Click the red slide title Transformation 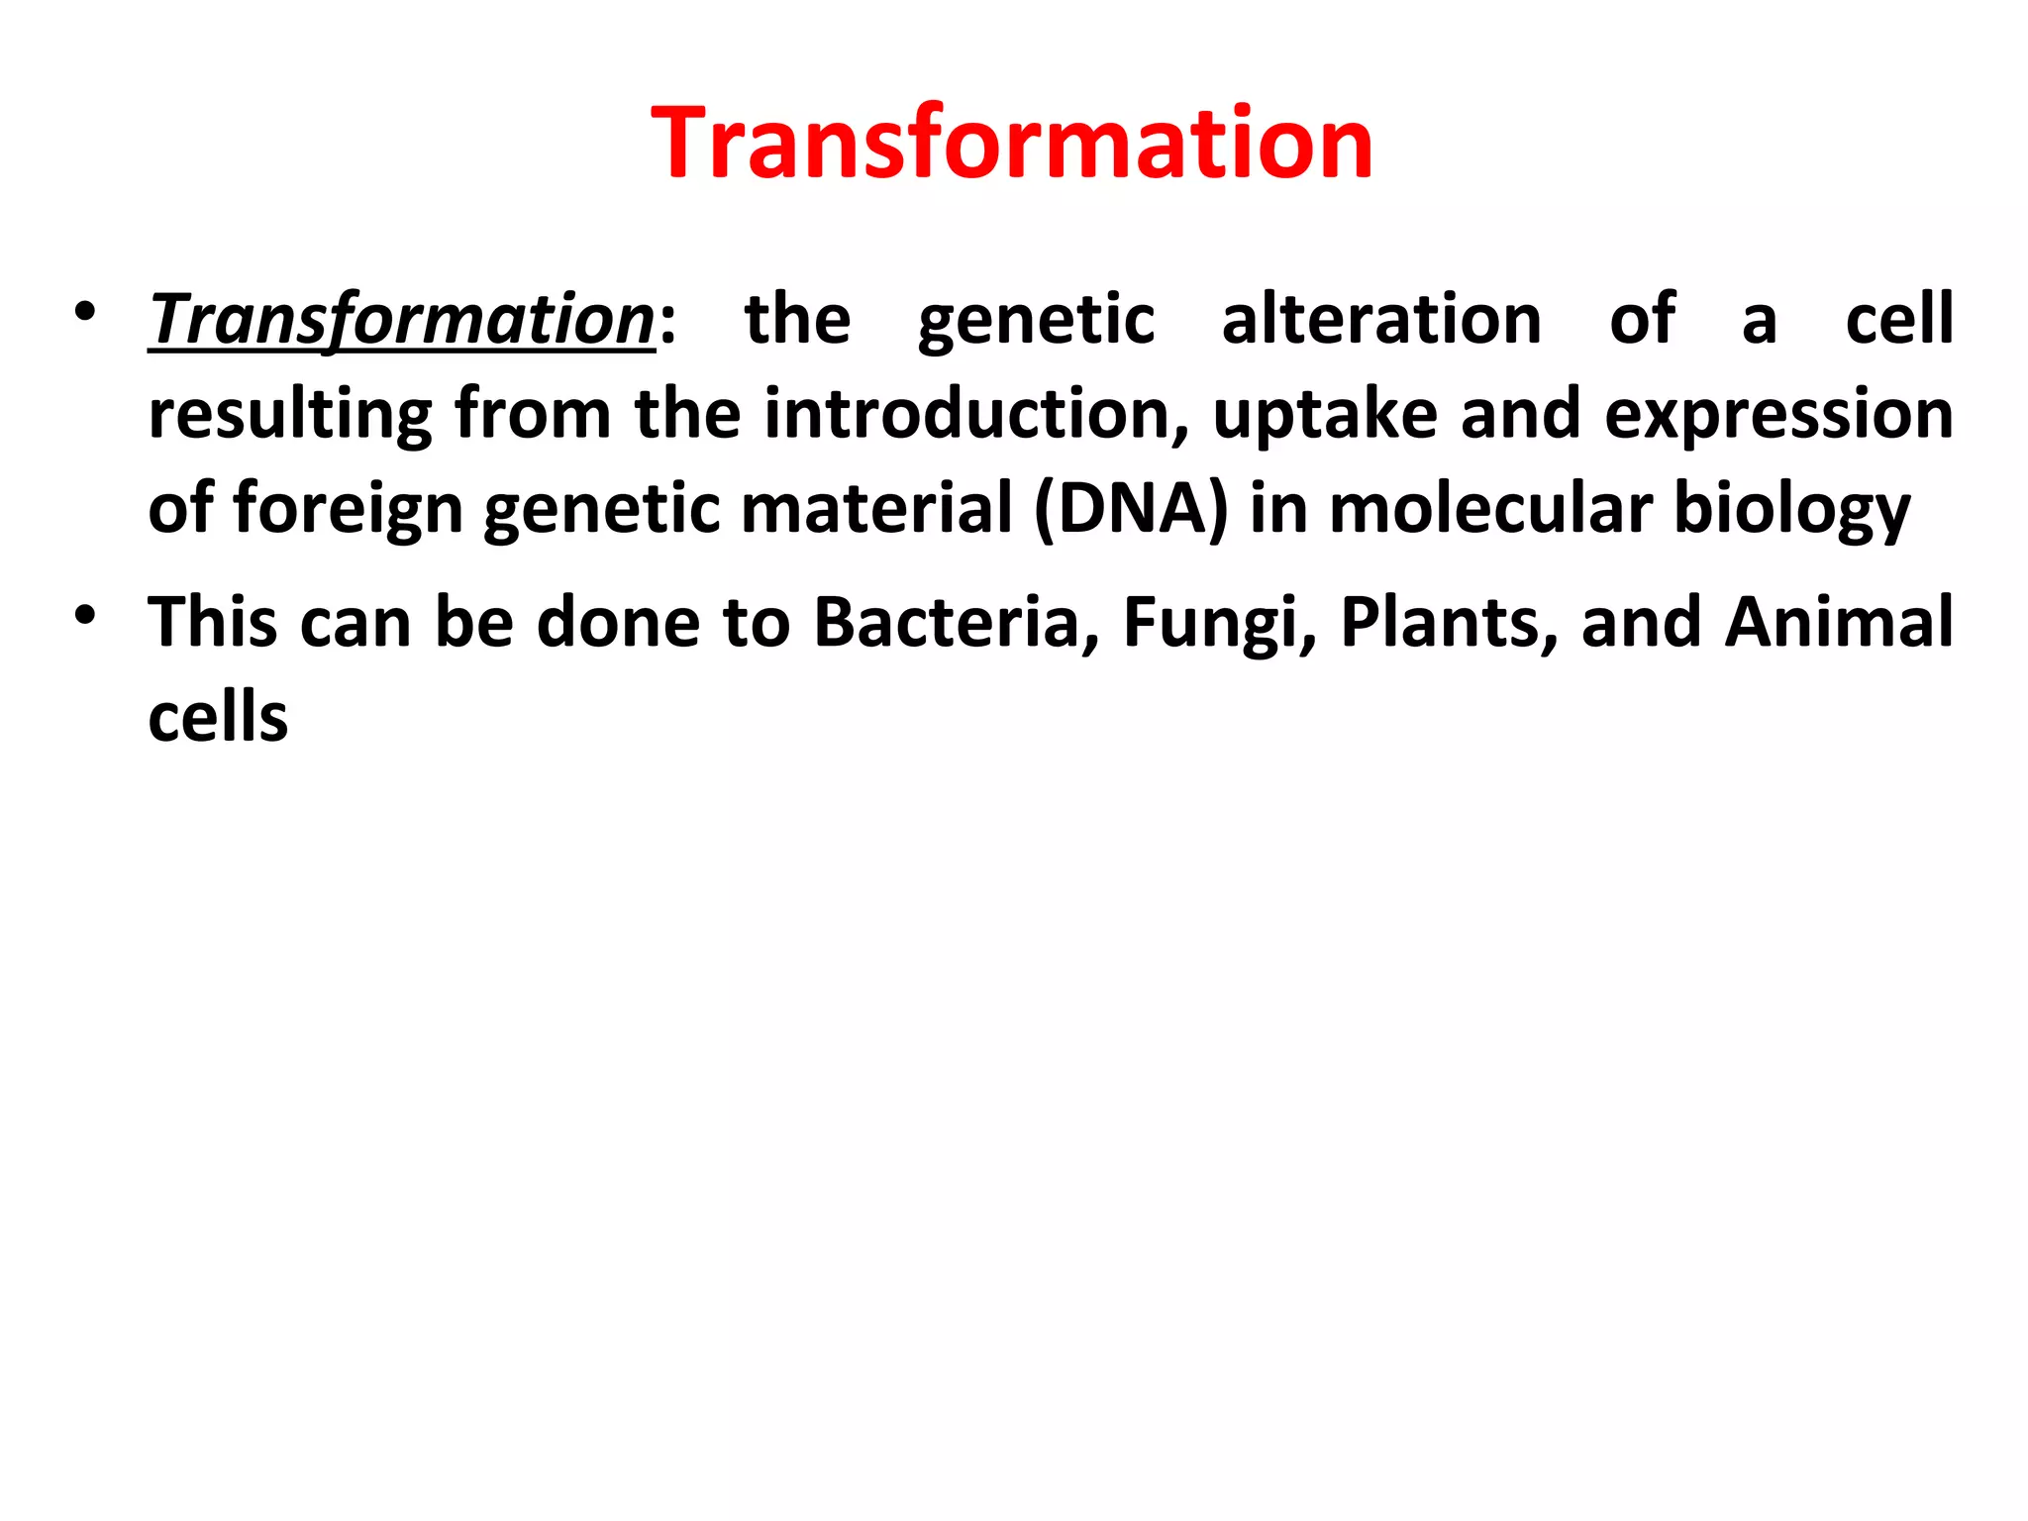[x=1012, y=144]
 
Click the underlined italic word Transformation [x=401, y=320]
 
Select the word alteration [x=1381, y=320]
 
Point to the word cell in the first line [x=1898, y=320]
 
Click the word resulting [x=290, y=414]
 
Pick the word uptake [x=1325, y=414]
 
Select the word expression [x=1778, y=414]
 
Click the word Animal [x=1839, y=622]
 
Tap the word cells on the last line [x=218, y=717]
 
